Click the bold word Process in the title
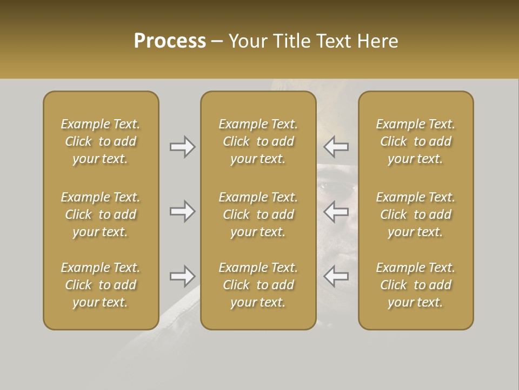pos(170,41)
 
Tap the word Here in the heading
pos(378,41)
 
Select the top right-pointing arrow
pos(182,146)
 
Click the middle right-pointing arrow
pos(182,211)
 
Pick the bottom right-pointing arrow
pos(182,276)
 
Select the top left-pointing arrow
pos(336,146)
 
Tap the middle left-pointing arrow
pos(336,211)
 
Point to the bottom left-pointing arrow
pos(336,276)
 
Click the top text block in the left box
pos(101,141)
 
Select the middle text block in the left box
pos(101,214)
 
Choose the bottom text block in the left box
pos(101,285)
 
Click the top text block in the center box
pos(258,141)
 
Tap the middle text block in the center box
pos(258,214)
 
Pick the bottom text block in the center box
pos(258,285)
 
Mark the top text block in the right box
pos(416,141)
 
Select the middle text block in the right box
pos(416,214)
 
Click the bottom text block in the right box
pos(416,285)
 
